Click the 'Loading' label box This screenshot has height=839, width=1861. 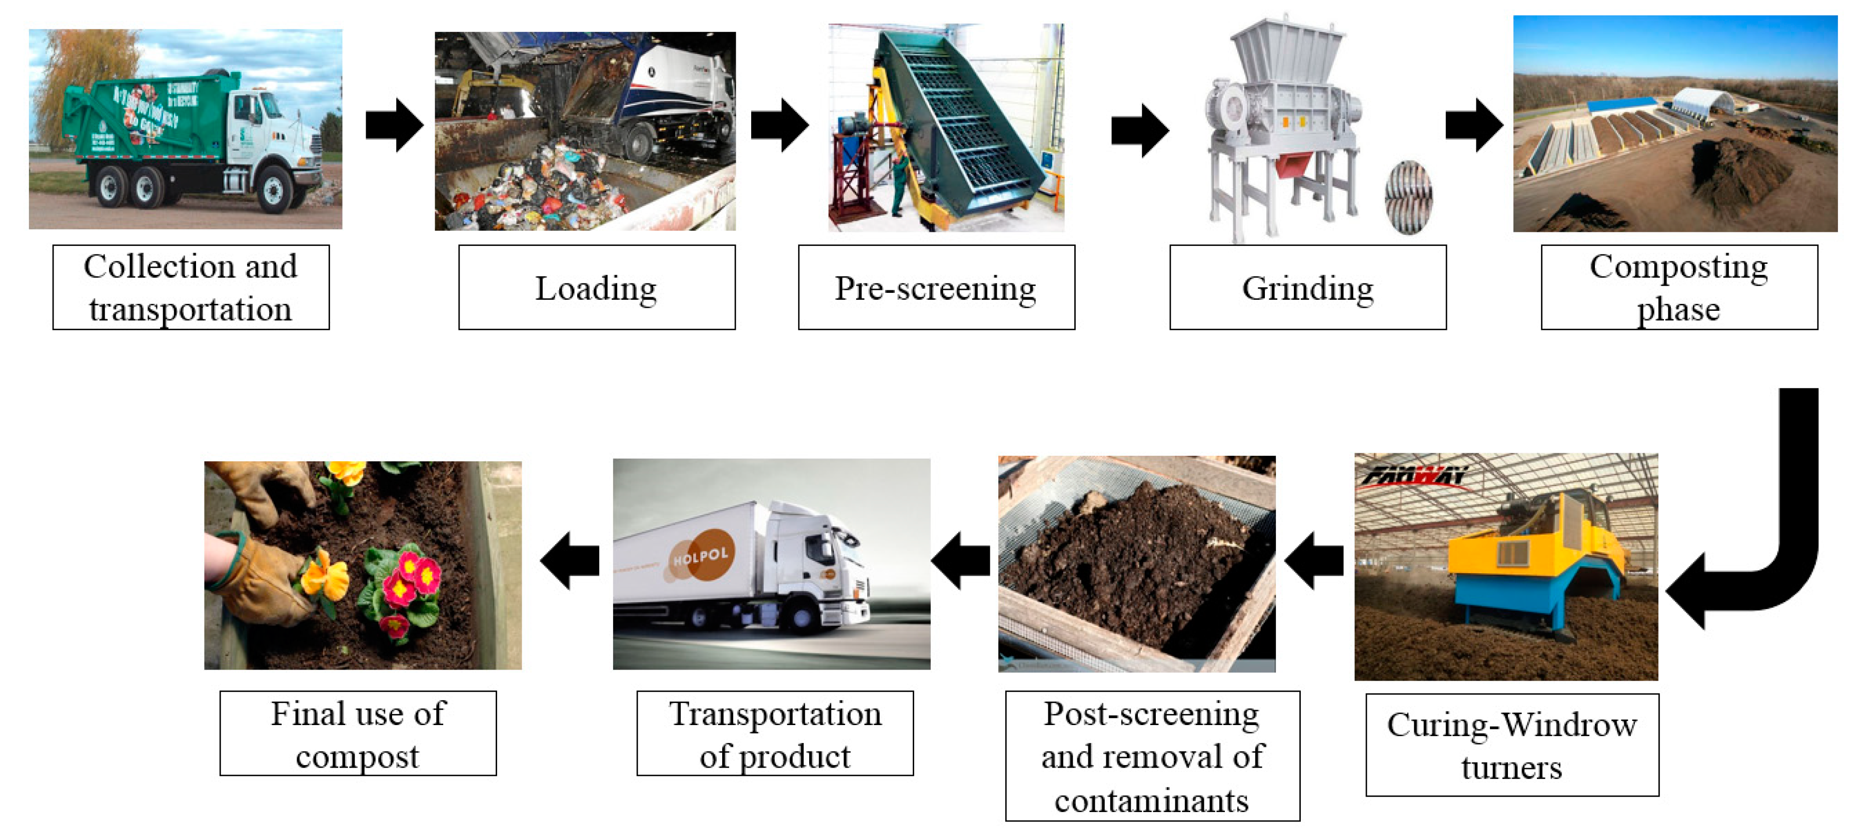(x=597, y=287)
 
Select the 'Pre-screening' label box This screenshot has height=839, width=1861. (x=936, y=287)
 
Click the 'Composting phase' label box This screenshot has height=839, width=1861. (x=1679, y=287)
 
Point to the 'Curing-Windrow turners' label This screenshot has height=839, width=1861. (x=1512, y=745)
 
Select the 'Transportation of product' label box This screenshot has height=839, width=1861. (x=775, y=734)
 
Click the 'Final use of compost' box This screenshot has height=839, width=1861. (x=358, y=734)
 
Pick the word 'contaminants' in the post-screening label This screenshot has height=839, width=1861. (x=1152, y=801)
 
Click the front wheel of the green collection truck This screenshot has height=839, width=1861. (x=275, y=189)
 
